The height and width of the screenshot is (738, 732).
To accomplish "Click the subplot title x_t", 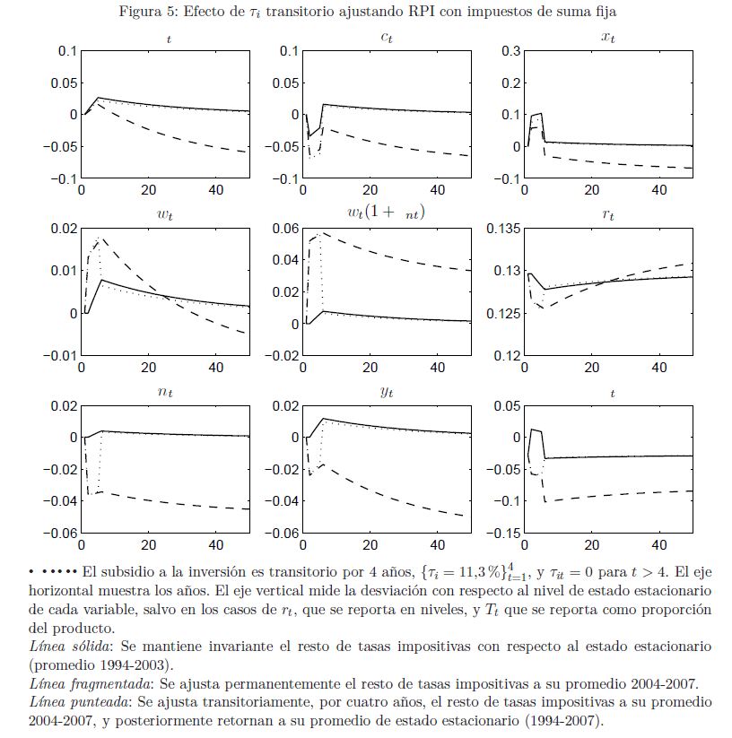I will (606, 37).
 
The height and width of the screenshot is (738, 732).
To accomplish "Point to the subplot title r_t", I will (606, 214).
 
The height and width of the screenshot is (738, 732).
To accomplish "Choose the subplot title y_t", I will (386, 392).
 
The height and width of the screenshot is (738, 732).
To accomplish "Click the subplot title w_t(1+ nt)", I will (386, 213).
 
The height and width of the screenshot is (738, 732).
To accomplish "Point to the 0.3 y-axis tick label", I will (510, 51).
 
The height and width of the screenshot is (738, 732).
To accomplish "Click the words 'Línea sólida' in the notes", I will (64, 647).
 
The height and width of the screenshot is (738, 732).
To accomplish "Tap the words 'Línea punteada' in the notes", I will (70, 699).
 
